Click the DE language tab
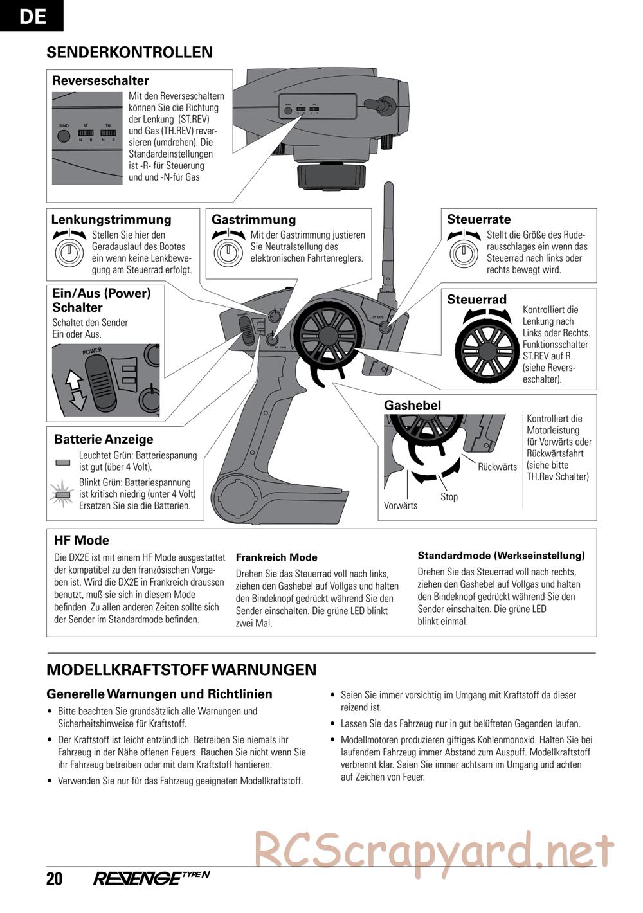[32, 15]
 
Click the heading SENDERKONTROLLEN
[129, 52]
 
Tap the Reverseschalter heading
[100, 80]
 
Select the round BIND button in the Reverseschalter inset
[64, 136]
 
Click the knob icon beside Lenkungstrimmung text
[69, 253]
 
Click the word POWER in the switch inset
[92, 352]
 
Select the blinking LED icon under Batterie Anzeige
[62, 494]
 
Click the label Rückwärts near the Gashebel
[497, 467]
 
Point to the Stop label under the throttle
[449, 496]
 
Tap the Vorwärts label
[400, 505]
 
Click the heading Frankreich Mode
[276, 557]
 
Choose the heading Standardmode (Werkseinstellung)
[501, 556]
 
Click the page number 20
[55, 879]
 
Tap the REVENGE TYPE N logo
[152, 878]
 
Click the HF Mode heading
[82, 540]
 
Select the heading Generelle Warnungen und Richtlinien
[159, 694]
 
